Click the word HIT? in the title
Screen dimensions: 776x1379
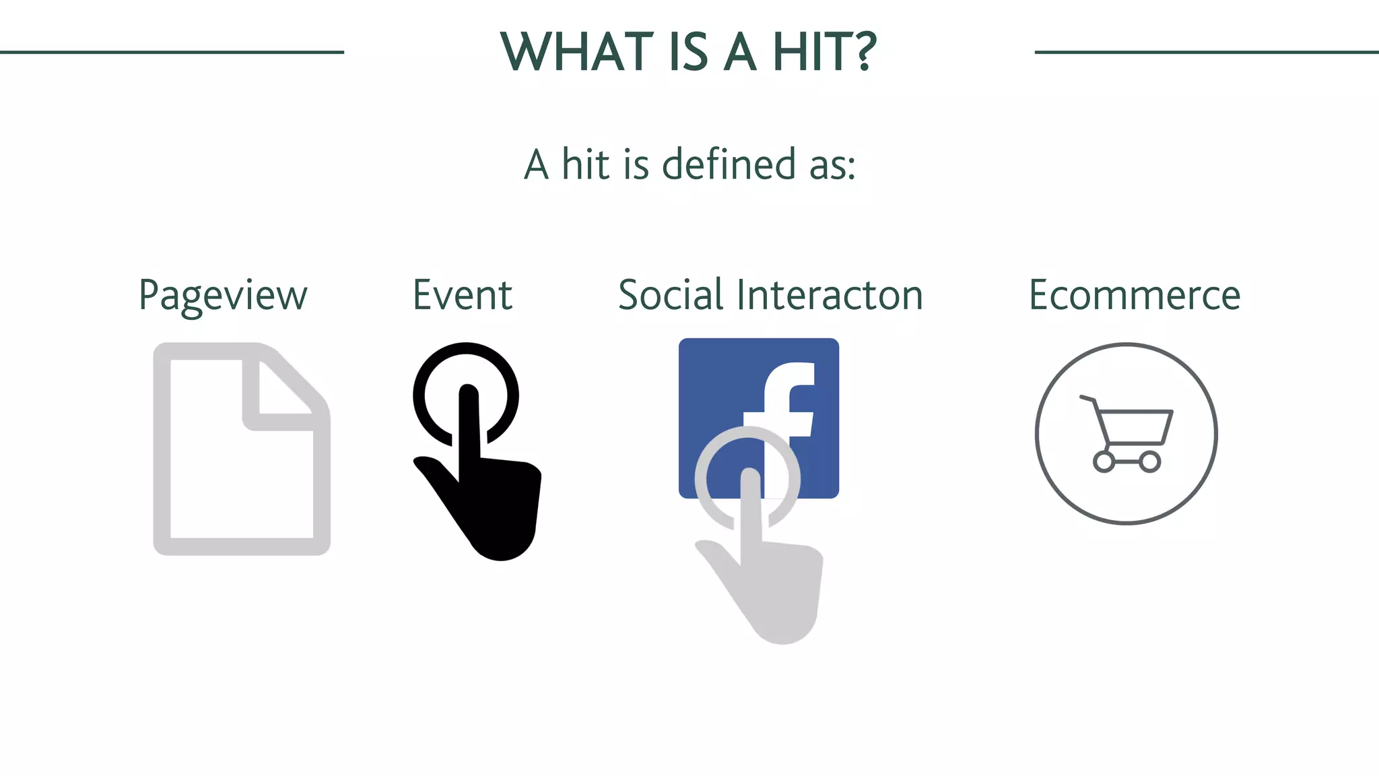(824, 52)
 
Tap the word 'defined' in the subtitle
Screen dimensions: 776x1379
(729, 164)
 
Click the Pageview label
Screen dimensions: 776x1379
(223, 296)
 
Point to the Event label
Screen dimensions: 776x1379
(463, 295)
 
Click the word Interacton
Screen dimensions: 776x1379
(830, 295)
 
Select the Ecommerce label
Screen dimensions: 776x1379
(1135, 295)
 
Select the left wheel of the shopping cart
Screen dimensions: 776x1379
(1104, 462)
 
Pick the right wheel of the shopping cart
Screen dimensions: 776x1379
(1149, 462)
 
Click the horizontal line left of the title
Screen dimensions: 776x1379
(172, 52)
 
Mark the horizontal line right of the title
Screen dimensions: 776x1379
(1206, 52)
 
